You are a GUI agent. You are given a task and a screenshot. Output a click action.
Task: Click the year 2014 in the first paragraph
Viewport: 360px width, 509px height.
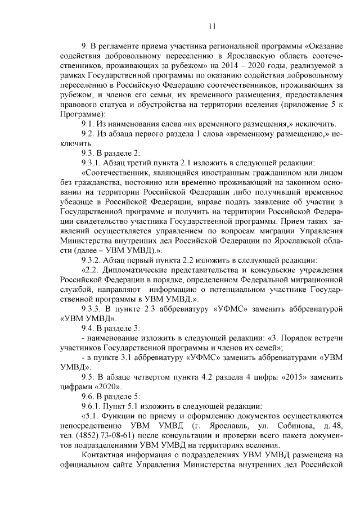232,67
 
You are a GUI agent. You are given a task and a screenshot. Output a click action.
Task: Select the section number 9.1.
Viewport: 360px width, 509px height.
89,124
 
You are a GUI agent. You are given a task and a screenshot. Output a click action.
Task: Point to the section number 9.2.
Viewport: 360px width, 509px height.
89,133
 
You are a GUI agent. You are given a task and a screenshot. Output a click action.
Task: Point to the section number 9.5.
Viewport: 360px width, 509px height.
89,376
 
